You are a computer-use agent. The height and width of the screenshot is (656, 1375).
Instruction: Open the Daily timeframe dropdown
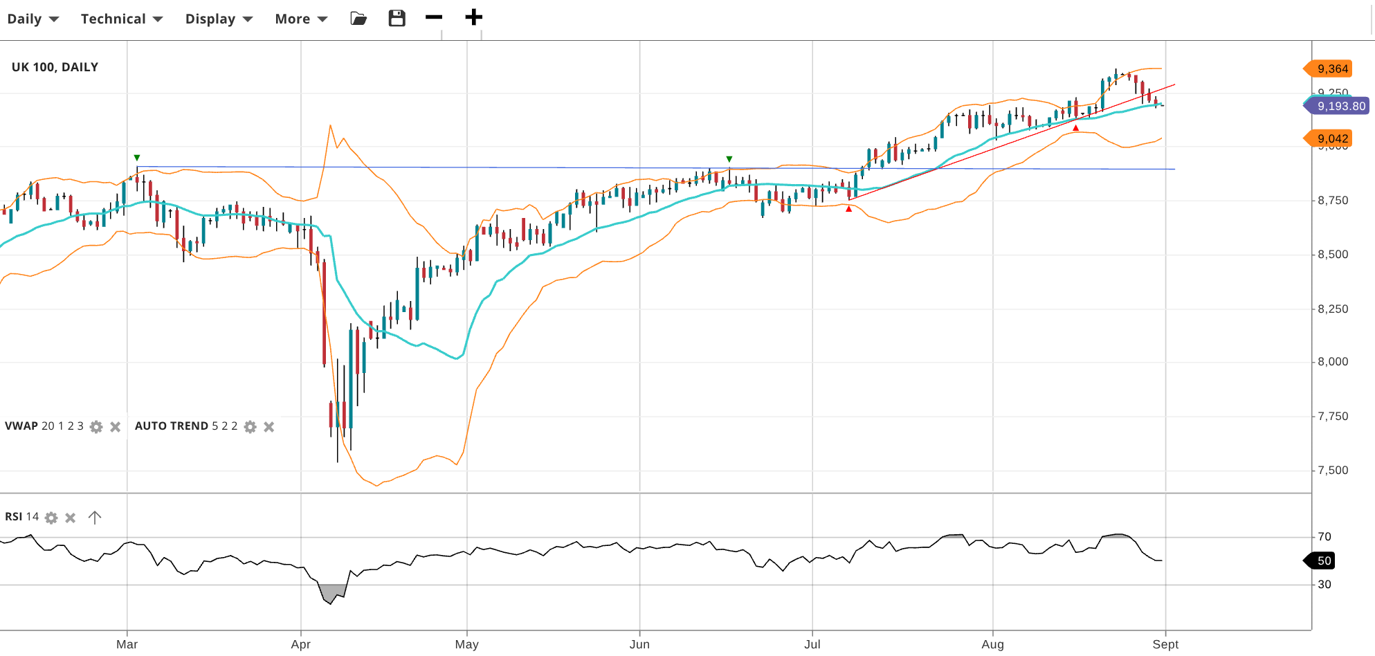point(33,19)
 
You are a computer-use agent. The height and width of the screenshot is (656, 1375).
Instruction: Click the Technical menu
point(121,19)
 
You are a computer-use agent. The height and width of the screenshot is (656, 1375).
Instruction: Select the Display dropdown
point(218,19)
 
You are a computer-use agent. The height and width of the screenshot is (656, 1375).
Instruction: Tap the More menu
point(300,19)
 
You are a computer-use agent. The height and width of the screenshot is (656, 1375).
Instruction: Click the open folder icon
point(358,18)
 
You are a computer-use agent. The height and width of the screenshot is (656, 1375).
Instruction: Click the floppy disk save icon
point(397,18)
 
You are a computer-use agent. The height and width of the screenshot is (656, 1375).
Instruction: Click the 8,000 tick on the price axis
point(1333,361)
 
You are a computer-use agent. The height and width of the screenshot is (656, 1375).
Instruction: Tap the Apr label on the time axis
point(301,644)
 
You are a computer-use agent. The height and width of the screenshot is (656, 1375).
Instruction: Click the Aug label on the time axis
point(992,644)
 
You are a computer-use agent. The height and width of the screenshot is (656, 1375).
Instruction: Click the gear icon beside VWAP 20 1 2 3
point(96,427)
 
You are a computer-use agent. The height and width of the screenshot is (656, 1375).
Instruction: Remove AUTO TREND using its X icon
point(269,427)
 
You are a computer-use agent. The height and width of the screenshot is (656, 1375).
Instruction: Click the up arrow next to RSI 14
point(95,517)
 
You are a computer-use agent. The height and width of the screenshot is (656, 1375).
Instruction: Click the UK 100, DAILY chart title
point(55,67)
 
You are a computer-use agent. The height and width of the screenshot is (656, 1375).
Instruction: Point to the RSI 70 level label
point(1324,536)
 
